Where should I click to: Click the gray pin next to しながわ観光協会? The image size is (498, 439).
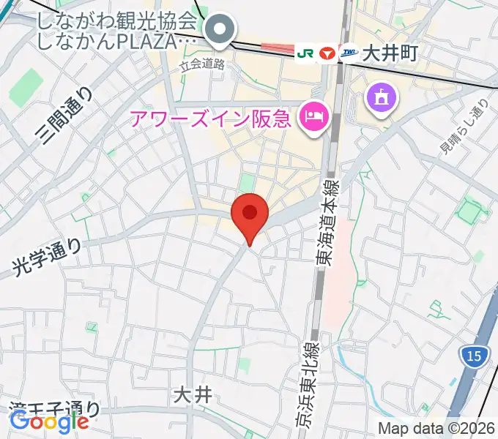(219, 30)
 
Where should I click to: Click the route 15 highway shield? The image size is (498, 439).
(474, 356)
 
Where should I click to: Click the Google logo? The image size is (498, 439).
(49, 421)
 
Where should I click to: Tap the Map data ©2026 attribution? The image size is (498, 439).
(436, 428)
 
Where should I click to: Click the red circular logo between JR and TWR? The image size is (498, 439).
(327, 53)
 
